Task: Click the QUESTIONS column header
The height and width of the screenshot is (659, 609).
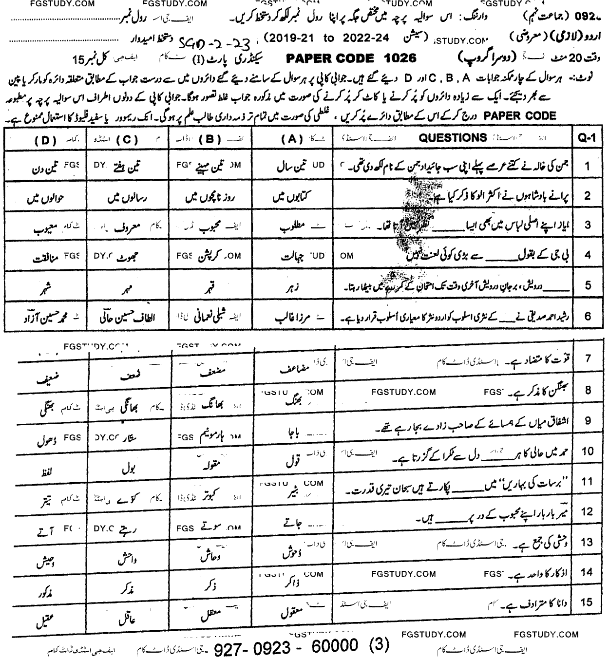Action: tap(453, 138)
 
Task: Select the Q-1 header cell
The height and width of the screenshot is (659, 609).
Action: tap(587, 138)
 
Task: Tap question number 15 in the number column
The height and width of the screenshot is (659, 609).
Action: tap(587, 603)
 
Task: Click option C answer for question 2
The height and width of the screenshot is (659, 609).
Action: tap(126, 198)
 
